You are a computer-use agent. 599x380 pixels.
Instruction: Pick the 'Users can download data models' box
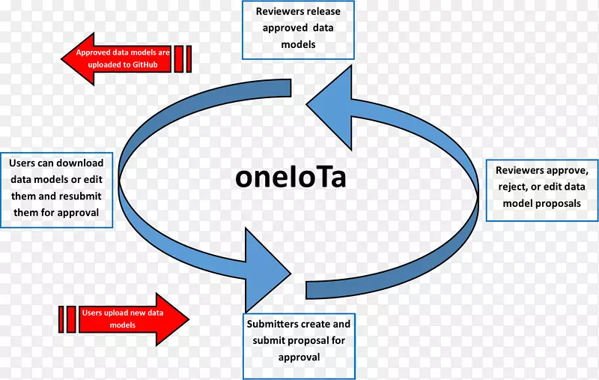click(57, 190)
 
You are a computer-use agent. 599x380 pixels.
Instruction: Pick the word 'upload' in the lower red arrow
click(116, 313)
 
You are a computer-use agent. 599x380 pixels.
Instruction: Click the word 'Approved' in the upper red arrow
click(94, 53)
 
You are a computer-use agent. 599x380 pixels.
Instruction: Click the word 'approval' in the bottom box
click(299, 358)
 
